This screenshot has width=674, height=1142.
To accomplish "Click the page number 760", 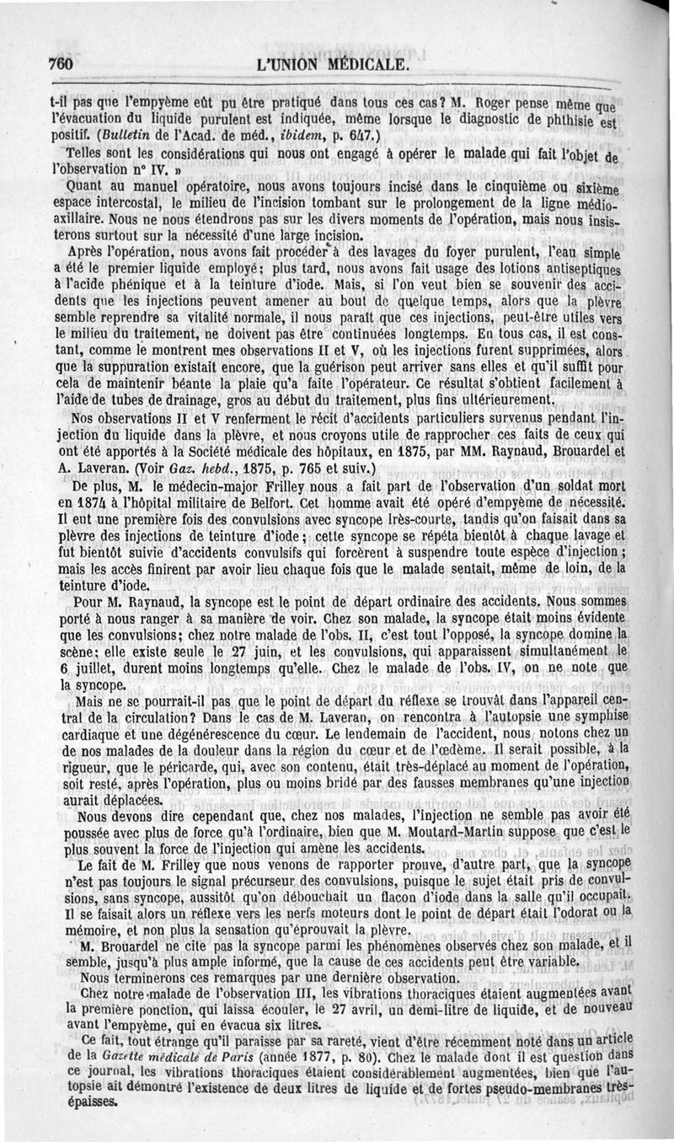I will (64, 65).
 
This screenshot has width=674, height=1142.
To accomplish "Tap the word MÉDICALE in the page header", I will (363, 65).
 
